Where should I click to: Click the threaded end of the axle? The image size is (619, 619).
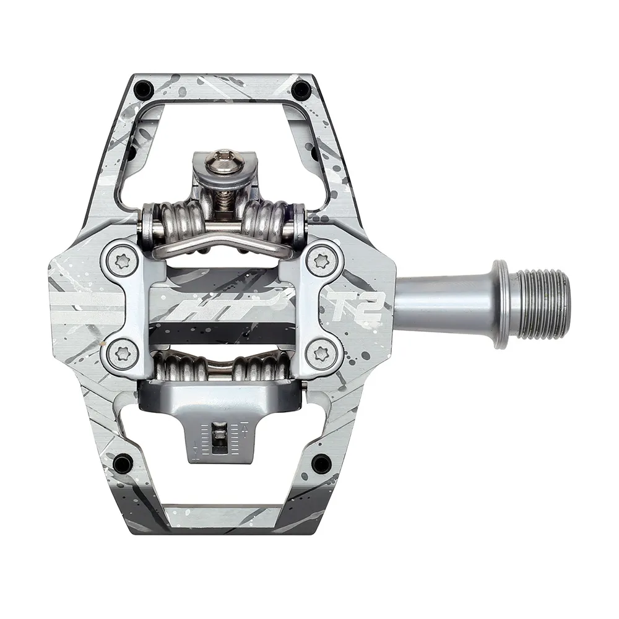(542, 303)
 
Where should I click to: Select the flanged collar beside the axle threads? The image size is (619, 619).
(503, 303)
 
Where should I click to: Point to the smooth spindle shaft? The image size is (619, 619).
(443, 303)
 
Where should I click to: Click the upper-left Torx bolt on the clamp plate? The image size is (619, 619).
(118, 258)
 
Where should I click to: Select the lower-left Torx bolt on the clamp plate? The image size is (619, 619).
(118, 353)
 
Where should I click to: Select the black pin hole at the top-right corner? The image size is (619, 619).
(301, 90)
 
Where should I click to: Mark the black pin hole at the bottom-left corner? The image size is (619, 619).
(123, 461)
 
